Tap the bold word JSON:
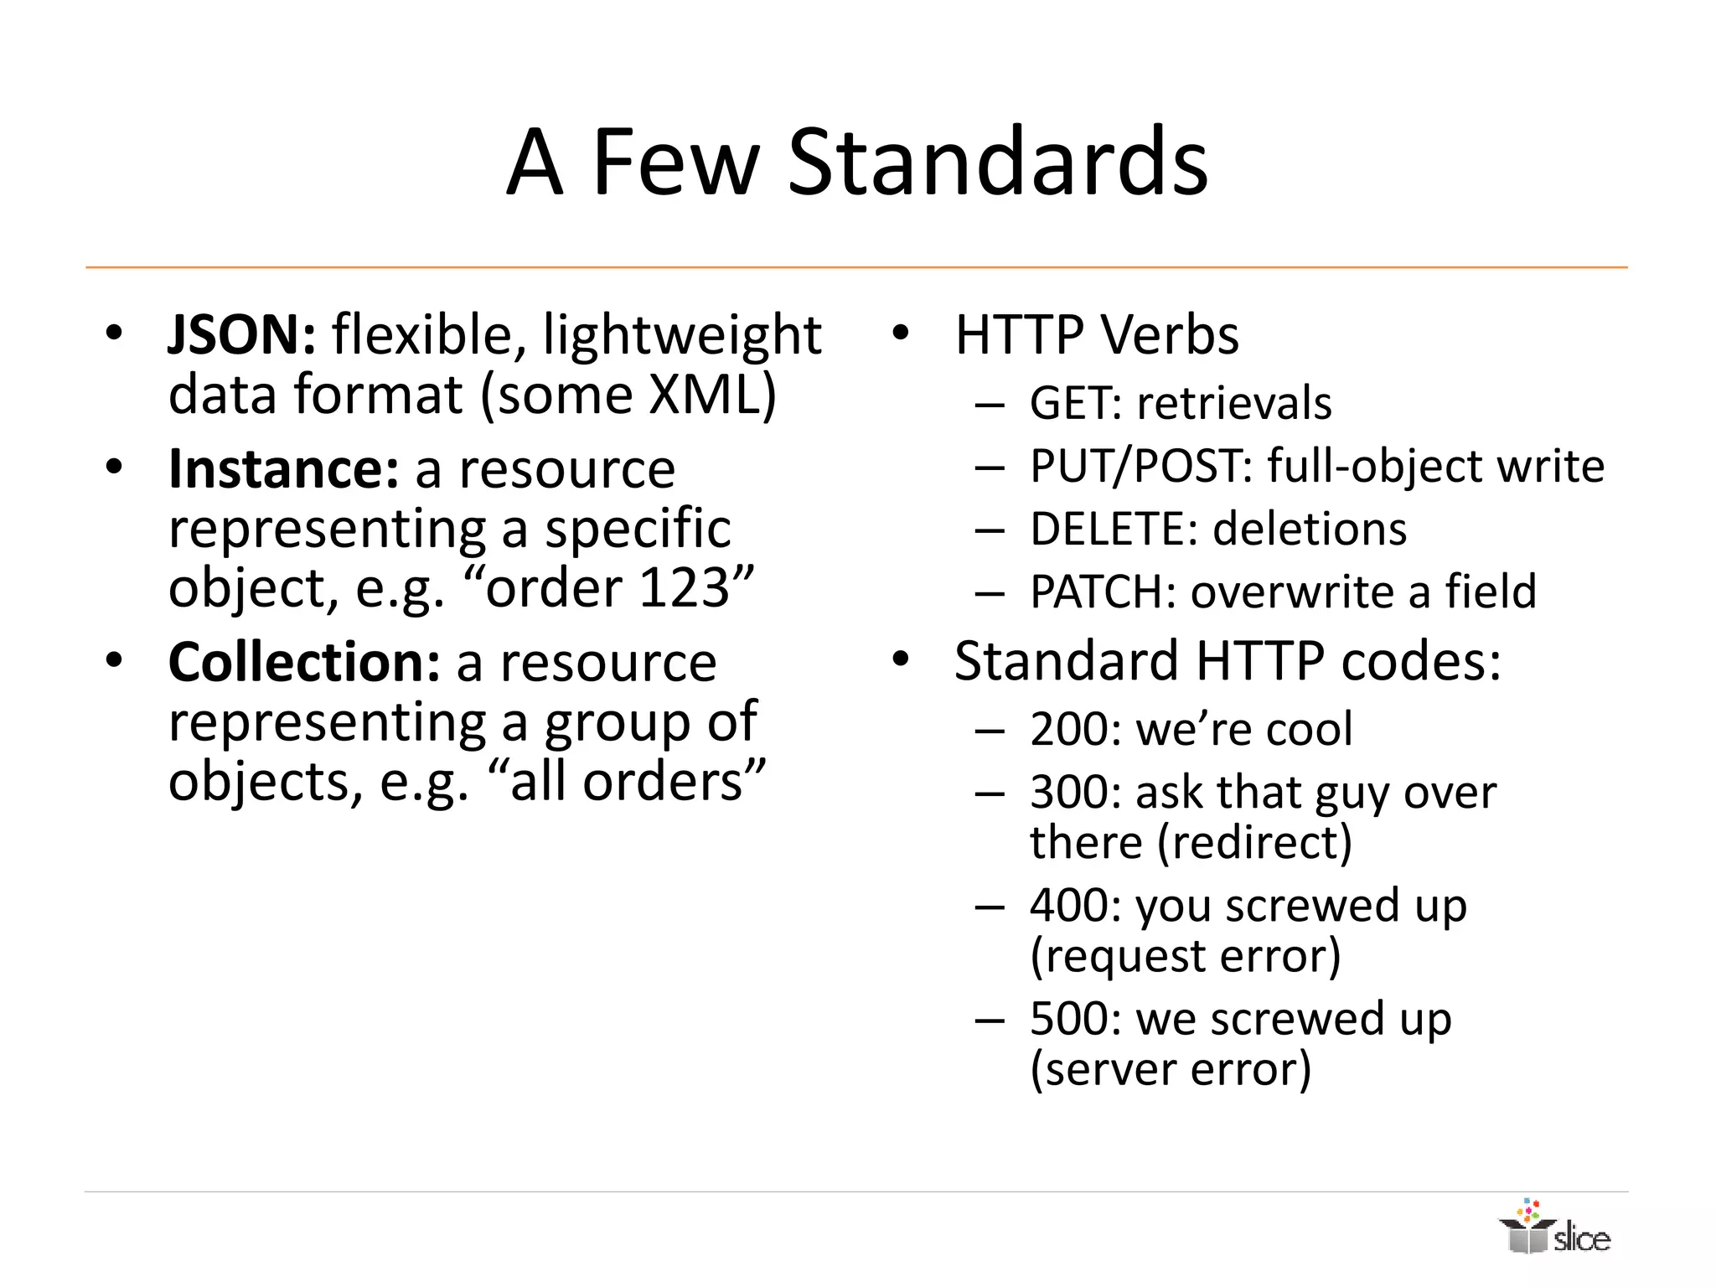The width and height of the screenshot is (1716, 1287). (x=241, y=335)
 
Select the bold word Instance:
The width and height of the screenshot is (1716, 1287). (x=283, y=469)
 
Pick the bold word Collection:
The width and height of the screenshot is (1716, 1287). (x=304, y=663)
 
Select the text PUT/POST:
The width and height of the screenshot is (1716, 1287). (x=1140, y=466)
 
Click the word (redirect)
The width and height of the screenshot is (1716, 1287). (x=1254, y=842)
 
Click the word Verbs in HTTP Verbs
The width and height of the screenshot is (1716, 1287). (x=1169, y=335)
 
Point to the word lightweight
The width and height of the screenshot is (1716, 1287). (x=682, y=335)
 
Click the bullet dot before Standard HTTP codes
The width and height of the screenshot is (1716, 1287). (x=900, y=660)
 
